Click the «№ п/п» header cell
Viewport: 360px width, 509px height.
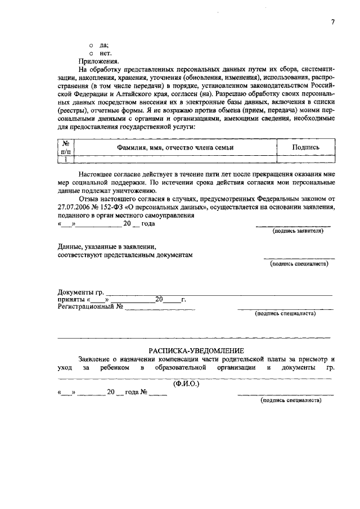(x=66, y=147)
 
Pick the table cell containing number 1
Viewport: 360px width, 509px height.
(x=66, y=159)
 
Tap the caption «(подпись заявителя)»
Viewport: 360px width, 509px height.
(x=297, y=231)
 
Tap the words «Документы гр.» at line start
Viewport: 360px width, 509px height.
(x=81, y=292)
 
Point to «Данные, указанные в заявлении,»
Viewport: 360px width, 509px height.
(x=106, y=246)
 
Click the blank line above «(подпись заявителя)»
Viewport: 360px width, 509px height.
(x=293, y=226)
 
